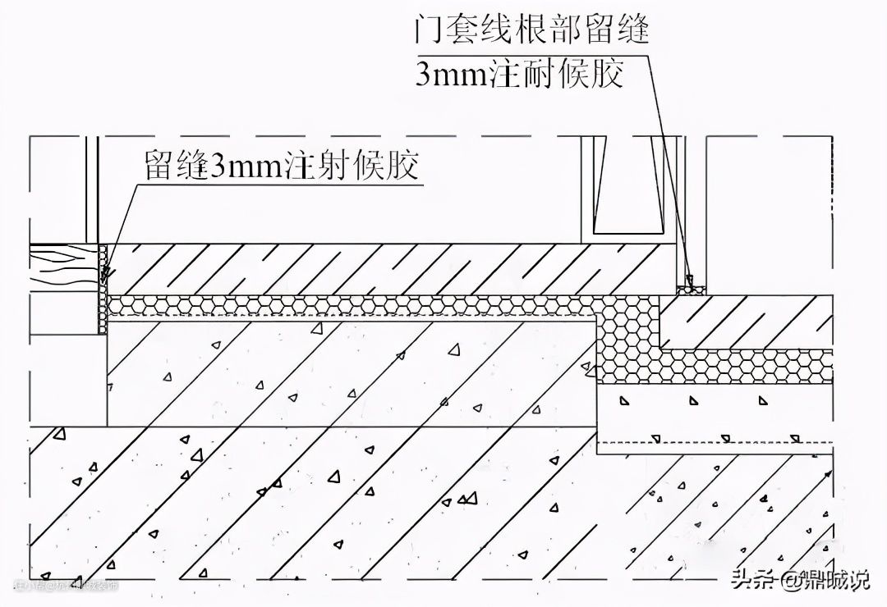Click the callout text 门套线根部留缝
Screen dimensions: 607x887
point(532,32)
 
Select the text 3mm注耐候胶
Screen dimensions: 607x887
point(519,75)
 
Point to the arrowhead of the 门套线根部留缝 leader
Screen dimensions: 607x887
point(692,281)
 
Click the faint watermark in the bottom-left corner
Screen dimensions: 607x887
point(66,586)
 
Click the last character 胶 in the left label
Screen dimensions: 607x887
point(403,167)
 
